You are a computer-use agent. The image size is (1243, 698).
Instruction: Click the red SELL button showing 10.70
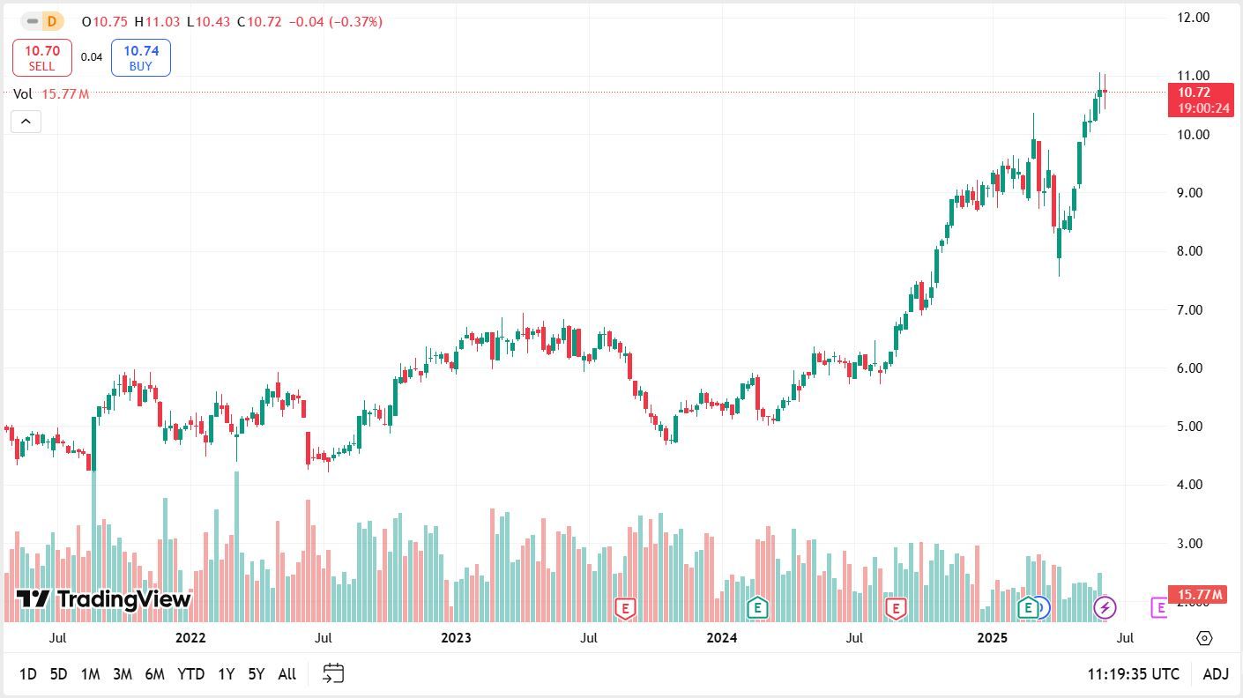tap(41, 57)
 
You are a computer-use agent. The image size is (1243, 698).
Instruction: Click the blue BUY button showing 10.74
tap(140, 57)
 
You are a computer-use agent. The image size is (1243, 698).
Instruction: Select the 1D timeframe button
tap(28, 674)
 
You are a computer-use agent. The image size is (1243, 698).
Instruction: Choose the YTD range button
tap(190, 674)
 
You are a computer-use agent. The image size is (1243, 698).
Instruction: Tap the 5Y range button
tap(256, 674)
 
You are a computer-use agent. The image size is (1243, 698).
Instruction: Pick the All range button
tap(287, 674)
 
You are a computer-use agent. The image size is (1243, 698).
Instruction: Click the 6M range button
tap(154, 674)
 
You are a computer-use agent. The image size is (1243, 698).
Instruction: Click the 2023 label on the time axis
tap(456, 637)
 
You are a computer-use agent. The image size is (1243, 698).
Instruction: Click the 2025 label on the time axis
tap(993, 637)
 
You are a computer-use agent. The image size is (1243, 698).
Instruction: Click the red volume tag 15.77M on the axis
tap(1196, 595)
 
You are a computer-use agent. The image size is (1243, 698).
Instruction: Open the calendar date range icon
tap(333, 674)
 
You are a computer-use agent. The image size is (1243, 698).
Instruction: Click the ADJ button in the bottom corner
tap(1215, 674)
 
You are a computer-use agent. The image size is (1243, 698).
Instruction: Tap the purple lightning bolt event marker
tap(1105, 607)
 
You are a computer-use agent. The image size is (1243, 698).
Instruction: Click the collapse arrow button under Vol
tap(26, 122)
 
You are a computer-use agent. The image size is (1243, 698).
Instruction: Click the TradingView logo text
tap(104, 599)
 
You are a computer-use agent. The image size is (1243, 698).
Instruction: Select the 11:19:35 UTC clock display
tap(1133, 674)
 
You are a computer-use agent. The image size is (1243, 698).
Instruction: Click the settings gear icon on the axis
tap(1204, 638)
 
